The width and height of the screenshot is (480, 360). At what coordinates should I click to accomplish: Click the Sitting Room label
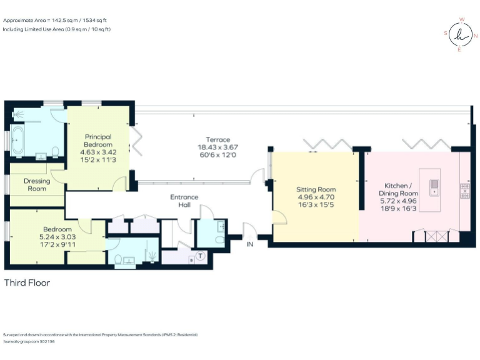point(316,189)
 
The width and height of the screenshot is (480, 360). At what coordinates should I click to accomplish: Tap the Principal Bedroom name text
point(98,141)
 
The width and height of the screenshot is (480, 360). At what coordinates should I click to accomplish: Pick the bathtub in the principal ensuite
point(17,140)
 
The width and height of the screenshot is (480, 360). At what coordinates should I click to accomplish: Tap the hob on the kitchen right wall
point(465,191)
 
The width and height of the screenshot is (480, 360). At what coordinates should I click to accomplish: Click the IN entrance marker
point(250,243)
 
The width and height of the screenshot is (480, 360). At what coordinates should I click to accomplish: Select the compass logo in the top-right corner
point(461,34)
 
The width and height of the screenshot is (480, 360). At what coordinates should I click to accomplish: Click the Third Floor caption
point(27,282)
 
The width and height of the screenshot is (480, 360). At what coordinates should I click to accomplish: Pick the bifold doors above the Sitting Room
point(327,144)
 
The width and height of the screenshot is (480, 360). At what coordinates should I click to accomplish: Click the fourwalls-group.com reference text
point(29,341)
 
